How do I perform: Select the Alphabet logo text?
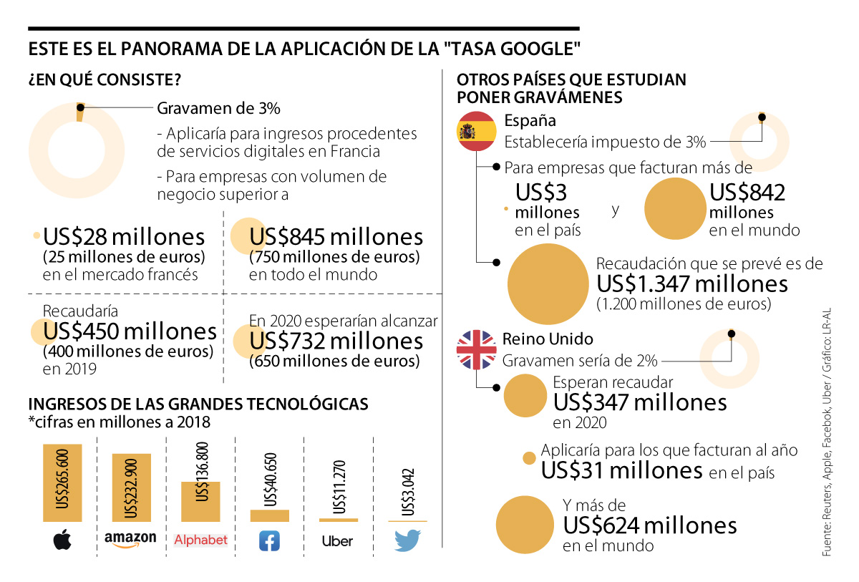(200, 540)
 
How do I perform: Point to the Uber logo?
(337, 541)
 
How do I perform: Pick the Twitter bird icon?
(407, 540)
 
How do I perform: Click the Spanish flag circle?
(477, 131)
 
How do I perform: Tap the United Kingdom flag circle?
(477, 349)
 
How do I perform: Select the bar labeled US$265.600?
(62, 483)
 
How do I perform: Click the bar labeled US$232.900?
(131, 488)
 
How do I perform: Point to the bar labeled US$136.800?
(200, 501)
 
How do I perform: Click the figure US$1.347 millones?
(692, 284)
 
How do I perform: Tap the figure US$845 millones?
(336, 237)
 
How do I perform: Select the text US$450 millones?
(130, 331)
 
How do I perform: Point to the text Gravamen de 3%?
(218, 109)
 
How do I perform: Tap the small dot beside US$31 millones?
(530, 459)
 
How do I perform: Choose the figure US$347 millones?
(640, 402)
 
